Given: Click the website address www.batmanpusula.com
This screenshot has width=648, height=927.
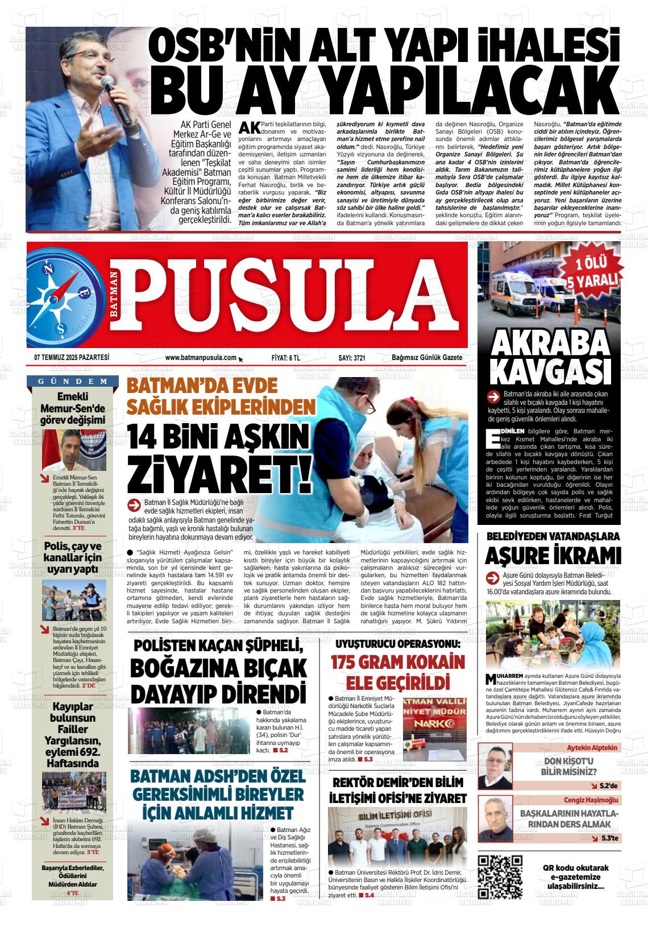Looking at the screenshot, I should point(201,358).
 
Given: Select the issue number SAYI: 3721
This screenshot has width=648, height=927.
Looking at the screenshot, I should point(351,358).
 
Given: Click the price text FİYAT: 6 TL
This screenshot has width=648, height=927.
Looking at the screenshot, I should point(286,358).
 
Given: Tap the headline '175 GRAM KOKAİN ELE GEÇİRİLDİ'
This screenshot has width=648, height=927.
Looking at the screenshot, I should point(398,672).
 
